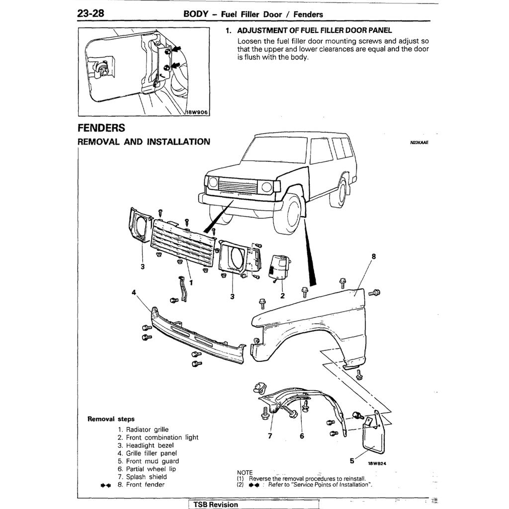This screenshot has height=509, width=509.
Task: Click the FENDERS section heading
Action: tap(101, 128)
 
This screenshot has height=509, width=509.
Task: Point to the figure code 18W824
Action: tap(377, 463)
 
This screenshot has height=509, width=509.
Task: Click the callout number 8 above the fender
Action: tap(373, 256)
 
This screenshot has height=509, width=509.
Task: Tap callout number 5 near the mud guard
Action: tap(352, 460)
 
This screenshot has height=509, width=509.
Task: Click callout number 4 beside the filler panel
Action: tap(133, 292)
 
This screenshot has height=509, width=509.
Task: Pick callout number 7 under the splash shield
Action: tap(270, 436)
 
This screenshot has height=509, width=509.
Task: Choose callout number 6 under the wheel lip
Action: tap(301, 436)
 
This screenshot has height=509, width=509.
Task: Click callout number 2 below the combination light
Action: tap(282, 296)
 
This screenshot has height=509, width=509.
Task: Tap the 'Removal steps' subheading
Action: tap(111, 419)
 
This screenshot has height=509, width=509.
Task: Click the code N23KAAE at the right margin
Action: tap(419, 142)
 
